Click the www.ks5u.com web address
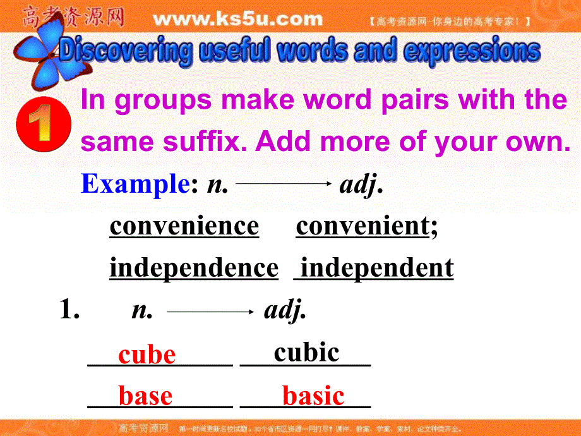tap(238, 20)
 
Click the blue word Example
tap(135, 184)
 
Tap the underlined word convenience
tap(184, 226)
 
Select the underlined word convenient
tap(362, 226)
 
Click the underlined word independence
tap(193, 268)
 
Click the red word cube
tap(147, 354)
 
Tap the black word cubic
tap(306, 352)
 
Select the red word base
tap(145, 396)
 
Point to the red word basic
tap(313, 396)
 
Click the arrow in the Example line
tap(284, 184)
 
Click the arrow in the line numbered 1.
tap(210, 311)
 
